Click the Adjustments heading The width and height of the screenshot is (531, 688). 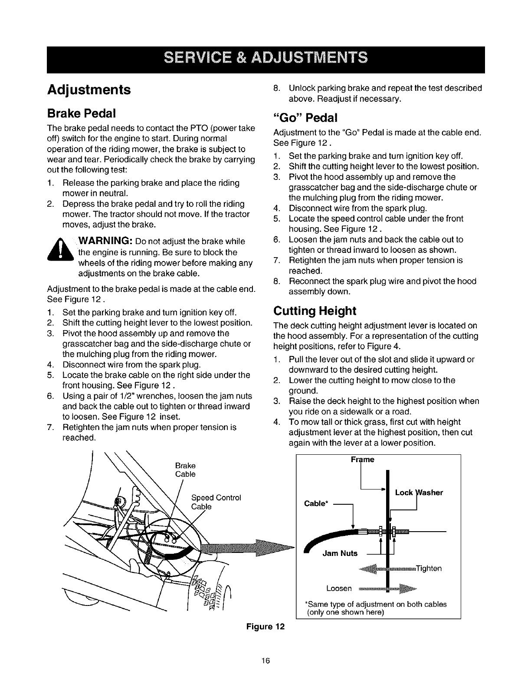tap(88, 89)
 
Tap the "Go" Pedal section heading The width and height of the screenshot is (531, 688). tap(305, 118)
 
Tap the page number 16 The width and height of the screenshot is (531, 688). tap(265, 661)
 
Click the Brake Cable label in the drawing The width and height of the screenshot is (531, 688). tap(185, 470)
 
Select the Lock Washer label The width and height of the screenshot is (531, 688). tap(419, 493)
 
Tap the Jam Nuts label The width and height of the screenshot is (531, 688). tap(340, 553)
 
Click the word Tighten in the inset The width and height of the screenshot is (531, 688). tap(429, 569)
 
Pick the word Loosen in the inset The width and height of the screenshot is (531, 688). tap(339, 588)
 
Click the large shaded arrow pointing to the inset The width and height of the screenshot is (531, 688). tap(252, 546)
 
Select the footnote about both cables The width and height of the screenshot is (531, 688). tap(376, 608)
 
